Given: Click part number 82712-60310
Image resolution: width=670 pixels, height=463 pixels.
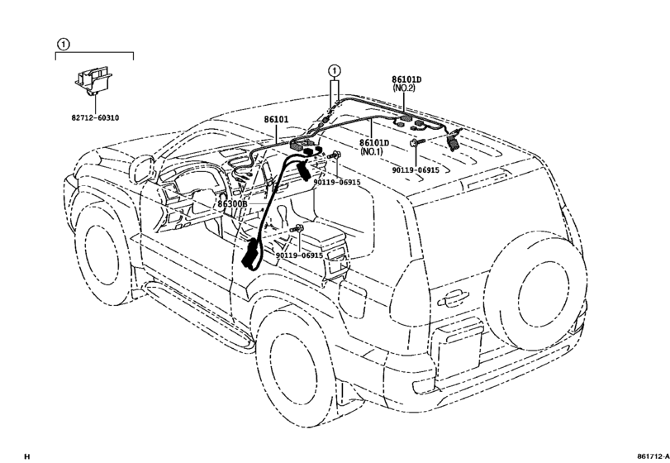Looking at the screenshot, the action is click(95, 118).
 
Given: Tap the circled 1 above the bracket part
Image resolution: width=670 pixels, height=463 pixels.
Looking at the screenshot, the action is click(63, 44).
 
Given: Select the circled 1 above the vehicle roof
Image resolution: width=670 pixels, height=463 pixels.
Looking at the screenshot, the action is click(335, 70).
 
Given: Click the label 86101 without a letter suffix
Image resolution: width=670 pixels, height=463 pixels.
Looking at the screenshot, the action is click(276, 119).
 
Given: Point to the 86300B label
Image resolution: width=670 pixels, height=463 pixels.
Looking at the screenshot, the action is click(232, 204).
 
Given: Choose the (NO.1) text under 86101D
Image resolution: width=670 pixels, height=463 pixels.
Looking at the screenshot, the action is click(371, 151).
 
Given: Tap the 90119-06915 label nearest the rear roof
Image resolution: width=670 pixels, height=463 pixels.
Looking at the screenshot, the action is click(416, 170).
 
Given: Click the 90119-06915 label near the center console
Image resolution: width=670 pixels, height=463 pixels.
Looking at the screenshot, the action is click(299, 255).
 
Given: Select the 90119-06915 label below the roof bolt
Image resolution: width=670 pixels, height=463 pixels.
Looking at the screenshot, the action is click(337, 182).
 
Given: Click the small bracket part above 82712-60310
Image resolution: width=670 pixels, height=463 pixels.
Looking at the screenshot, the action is click(93, 82).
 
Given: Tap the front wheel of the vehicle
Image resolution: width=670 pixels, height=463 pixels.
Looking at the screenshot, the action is click(102, 256).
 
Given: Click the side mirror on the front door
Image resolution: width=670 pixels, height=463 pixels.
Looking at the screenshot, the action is click(142, 169).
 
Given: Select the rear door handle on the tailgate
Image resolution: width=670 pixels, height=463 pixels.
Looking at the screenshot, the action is click(453, 298).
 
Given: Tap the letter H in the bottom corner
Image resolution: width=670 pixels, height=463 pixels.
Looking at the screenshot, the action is click(27, 456).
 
